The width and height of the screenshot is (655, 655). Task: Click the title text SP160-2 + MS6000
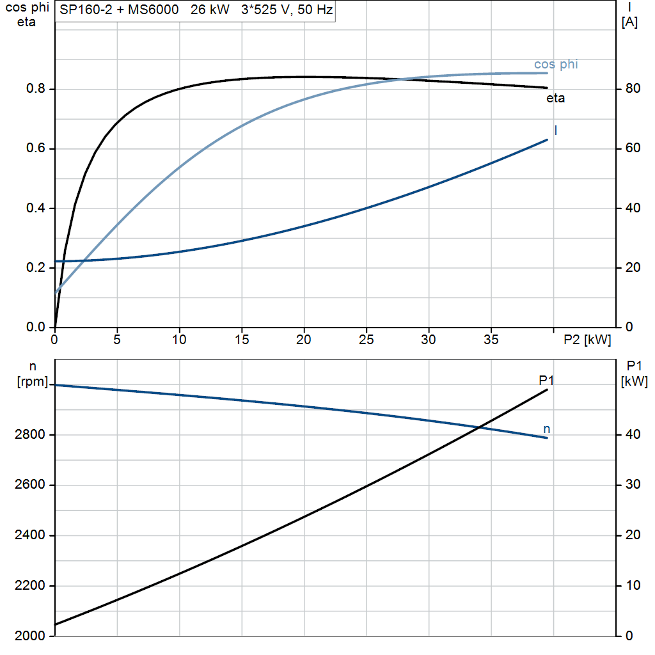point(119,10)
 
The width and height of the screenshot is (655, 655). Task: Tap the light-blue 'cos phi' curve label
point(556,65)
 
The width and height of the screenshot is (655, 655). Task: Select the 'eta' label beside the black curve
point(556,98)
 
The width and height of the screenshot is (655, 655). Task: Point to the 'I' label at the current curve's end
point(556,130)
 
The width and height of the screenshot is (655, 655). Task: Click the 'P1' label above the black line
point(546,380)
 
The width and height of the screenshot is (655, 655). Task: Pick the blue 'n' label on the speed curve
point(546,429)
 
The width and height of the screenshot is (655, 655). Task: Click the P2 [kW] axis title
point(587,340)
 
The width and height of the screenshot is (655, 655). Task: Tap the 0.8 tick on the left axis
point(36,88)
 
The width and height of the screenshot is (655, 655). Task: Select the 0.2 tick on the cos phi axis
point(36,267)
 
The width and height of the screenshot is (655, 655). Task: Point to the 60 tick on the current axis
point(633,148)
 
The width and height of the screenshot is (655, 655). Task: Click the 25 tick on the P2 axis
point(367,340)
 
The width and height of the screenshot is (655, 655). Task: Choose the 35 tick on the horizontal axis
point(491,340)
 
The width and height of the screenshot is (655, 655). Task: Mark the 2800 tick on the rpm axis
point(29,434)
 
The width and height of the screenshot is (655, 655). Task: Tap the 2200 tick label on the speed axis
point(29,586)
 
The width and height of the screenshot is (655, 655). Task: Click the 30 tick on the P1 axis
point(633,485)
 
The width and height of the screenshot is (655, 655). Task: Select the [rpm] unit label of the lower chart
point(33,381)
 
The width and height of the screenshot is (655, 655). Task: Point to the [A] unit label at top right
point(629,22)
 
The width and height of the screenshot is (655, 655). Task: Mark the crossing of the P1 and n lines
point(480,427)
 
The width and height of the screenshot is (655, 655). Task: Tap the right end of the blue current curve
point(547,140)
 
